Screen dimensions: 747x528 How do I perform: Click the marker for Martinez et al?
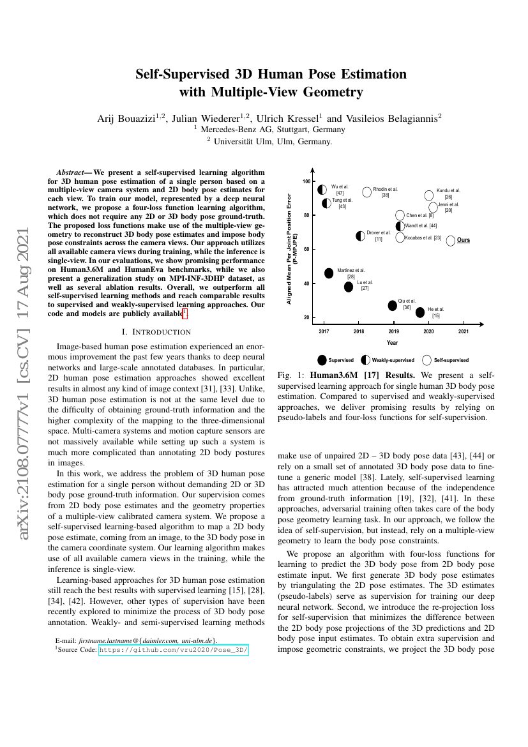[329, 273]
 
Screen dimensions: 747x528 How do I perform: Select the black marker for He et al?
[420, 312]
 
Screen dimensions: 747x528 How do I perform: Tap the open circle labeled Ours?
[451, 241]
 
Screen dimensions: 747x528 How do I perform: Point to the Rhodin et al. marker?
[367, 192]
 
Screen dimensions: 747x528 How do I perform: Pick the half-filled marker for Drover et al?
[361, 236]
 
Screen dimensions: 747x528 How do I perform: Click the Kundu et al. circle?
[429, 195]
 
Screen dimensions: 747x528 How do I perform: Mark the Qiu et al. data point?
[393, 305]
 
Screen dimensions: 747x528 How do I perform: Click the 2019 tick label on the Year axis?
[394, 331]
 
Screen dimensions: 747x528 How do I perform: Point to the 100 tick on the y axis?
[306, 181]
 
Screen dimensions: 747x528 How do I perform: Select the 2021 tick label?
[464, 331]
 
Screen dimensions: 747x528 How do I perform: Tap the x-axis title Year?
[392, 343]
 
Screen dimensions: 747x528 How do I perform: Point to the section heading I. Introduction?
[156, 331]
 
